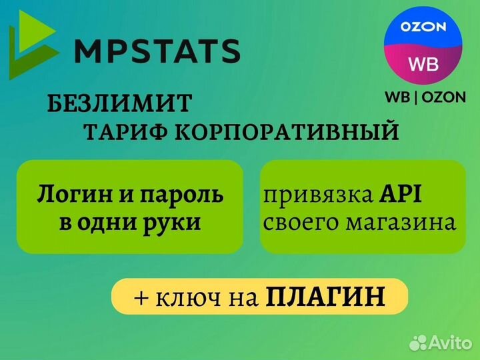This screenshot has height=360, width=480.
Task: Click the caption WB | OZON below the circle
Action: (x=425, y=97)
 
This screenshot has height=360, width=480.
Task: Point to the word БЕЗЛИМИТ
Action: (x=120, y=103)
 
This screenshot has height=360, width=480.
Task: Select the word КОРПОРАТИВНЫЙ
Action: (x=287, y=132)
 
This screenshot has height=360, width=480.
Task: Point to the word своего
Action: (x=300, y=222)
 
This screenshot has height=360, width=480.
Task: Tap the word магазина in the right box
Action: (x=401, y=222)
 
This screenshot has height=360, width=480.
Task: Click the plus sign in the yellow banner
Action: (x=141, y=296)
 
